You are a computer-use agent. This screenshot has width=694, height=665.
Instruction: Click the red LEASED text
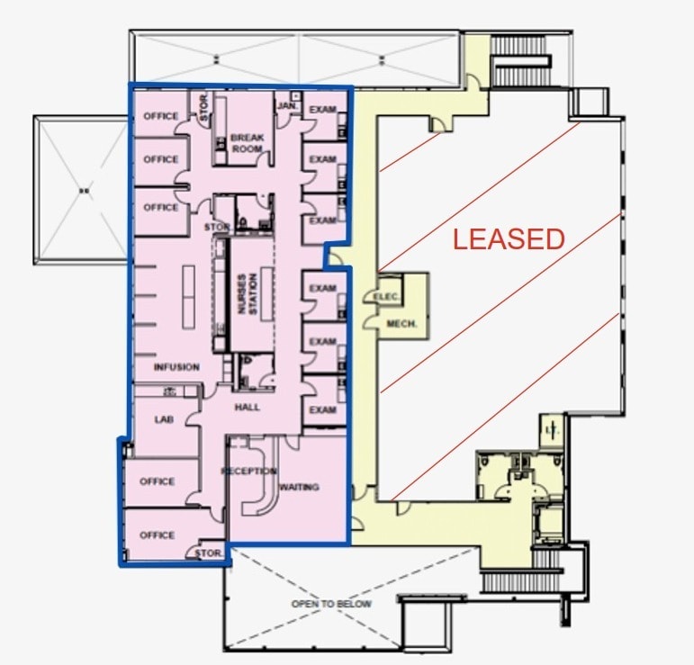509,239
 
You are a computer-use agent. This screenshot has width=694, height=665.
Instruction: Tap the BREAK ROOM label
247,143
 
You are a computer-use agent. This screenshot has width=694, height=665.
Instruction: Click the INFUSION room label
176,367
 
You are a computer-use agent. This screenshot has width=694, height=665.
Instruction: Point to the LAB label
163,418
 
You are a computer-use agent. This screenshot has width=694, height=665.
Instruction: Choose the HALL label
248,407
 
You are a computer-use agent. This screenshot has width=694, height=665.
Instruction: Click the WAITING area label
299,487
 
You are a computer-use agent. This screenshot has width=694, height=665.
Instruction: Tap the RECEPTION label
249,472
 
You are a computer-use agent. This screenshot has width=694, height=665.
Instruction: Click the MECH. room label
402,323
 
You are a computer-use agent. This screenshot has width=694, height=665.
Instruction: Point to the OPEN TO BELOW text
331,603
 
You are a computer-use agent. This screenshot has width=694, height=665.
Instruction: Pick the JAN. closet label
287,106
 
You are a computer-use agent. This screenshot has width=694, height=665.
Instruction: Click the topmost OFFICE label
161,116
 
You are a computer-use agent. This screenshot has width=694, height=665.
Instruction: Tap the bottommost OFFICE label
157,535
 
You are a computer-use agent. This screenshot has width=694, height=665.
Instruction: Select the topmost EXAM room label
322,110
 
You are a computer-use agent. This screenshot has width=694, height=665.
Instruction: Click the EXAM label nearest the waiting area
322,409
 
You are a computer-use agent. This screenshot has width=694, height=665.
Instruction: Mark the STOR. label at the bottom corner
209,553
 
